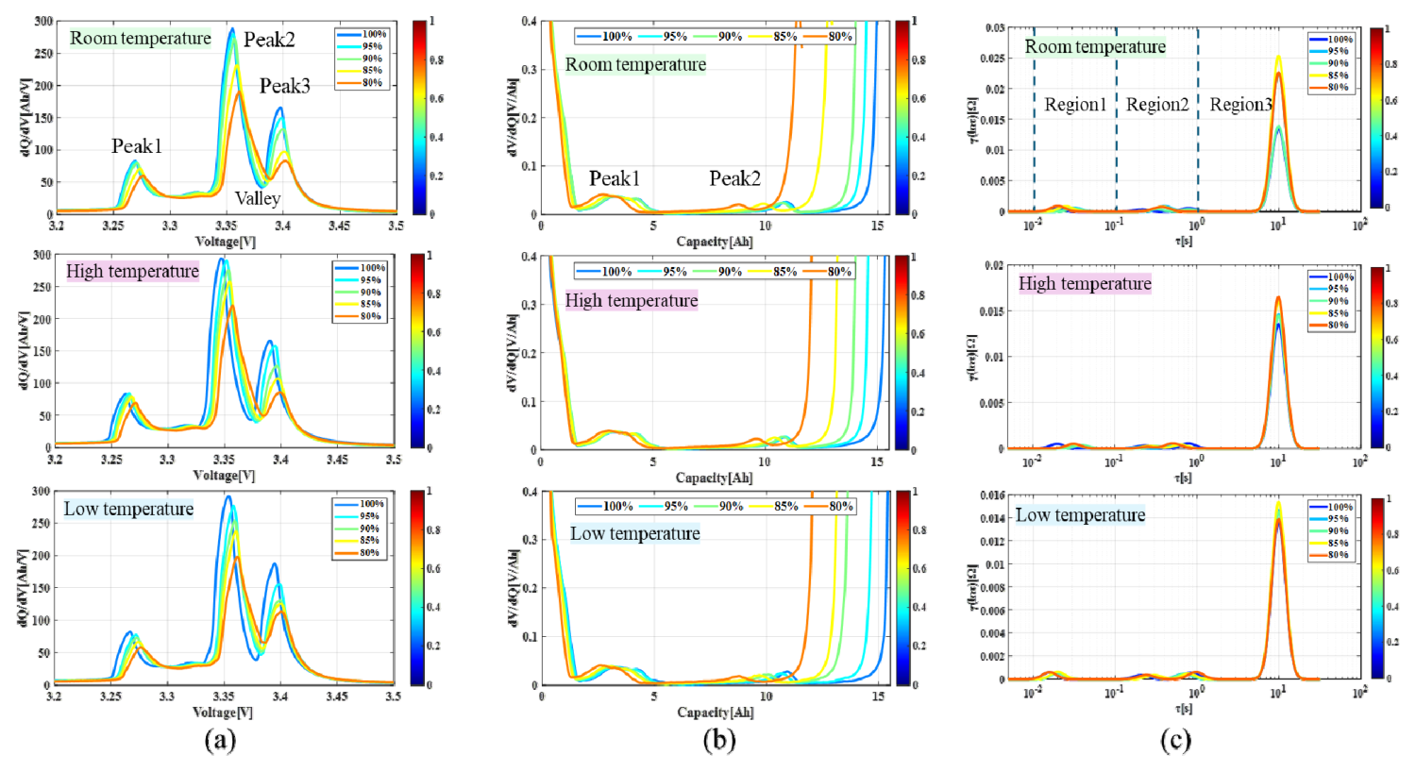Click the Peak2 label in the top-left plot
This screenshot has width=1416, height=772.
(269, 40)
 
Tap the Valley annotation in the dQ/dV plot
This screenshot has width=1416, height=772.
(258, 198)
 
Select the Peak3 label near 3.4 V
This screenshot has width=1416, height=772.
(285, 86)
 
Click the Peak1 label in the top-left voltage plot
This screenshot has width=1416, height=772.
(137, 146)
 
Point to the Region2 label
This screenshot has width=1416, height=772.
(1157, 105)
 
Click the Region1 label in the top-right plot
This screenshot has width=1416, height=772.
(1075, 105)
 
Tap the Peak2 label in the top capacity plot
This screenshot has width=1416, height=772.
(734, 178)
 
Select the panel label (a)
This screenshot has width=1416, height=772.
(220, 740)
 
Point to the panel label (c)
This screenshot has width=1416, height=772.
(1175, 740)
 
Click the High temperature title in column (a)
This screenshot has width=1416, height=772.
(132, 272)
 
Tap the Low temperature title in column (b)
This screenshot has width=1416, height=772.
(635, 534)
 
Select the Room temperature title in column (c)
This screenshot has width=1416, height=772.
(1095, 46)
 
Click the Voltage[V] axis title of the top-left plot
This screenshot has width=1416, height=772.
(225, 242)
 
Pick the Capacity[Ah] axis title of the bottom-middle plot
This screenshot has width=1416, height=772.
(715, 713)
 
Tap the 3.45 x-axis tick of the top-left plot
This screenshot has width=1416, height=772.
(339, 226)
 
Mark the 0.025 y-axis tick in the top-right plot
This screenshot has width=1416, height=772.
(993, 59)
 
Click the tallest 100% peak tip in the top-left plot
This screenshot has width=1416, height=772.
(232, 28)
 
